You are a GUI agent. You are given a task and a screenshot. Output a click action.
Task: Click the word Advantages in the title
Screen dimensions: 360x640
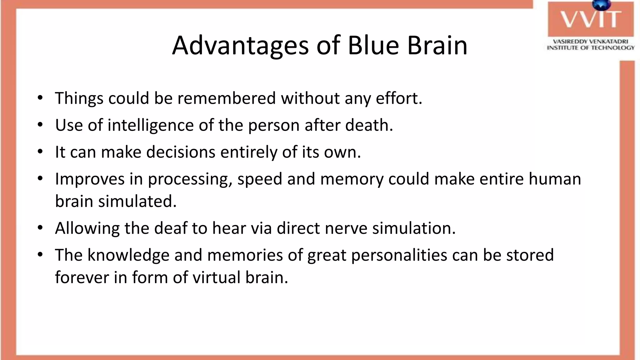click(x=240, y=46)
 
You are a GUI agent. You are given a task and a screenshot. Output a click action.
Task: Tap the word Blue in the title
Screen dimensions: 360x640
click(x=373, y=46)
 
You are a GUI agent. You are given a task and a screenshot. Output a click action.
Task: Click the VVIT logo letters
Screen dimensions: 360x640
click(x=590, y=19)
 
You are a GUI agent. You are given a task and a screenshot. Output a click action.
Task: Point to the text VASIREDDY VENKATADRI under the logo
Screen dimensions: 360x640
click(x=590, y=42)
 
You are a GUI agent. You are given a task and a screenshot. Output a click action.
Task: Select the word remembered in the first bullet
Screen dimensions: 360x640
click(x=227, y=98)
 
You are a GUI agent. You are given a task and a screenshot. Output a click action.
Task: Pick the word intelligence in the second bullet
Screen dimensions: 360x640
click(x=151, y=126)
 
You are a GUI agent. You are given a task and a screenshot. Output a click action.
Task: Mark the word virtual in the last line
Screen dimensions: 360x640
click(x=216, y=277)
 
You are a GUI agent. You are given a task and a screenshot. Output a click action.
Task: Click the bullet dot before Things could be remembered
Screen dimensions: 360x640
click(x=40, y=98)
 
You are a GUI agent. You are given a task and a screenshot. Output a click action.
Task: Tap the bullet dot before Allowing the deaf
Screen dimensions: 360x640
click(x=40, y=228)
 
